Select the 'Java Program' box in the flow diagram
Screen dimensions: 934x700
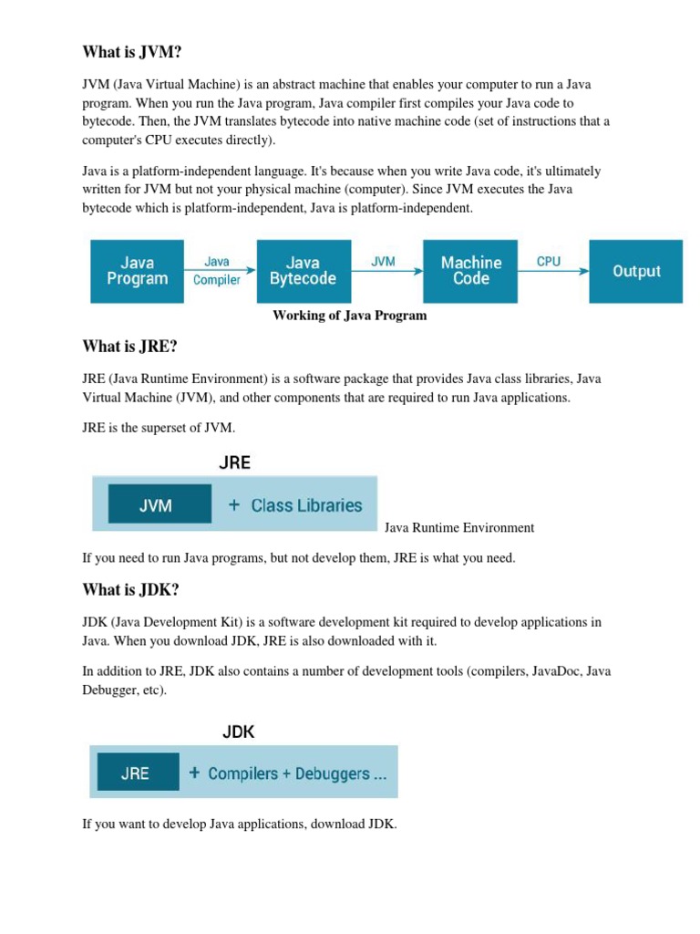pos(137,271)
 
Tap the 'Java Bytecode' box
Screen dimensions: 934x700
pos(303,271)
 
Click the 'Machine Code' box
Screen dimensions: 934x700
pos(470,271)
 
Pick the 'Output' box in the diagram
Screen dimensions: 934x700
pos(636,271)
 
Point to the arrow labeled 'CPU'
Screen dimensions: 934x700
pos(553,271)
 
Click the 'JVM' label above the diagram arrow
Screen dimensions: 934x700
pos(384,261)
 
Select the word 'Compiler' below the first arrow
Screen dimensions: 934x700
pos(217,280)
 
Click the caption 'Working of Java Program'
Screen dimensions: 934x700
pos(350,316)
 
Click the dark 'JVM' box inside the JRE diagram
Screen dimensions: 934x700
pos(155,504)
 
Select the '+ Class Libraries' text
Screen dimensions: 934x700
pos(295,504)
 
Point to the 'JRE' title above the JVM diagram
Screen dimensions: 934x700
pos(234,462)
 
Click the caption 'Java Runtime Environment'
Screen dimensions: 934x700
pos(459,527)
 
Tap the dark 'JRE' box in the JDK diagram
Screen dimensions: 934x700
pos(135,773)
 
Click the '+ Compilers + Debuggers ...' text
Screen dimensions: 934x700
pos(287,773)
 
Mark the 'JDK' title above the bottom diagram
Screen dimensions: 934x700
pos(239,732)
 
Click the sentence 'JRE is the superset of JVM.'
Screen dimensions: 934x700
pos(159,427)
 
